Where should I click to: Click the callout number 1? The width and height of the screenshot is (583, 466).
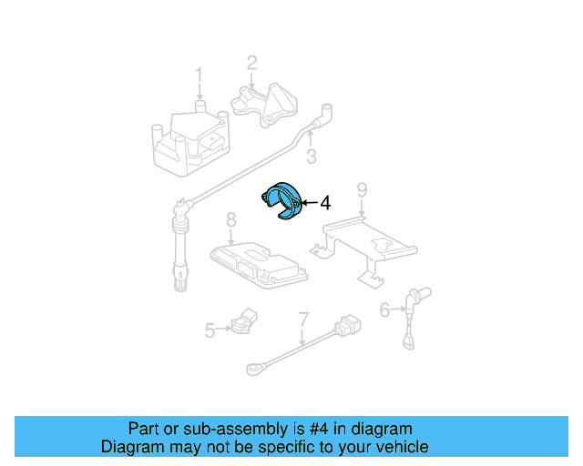(199, 75)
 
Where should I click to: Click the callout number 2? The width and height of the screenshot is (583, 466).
(251, 63)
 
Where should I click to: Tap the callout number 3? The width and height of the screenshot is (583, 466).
(311, 157)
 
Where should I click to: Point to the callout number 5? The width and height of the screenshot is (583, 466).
(210, 330)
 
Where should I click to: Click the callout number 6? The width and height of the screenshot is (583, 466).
(384, 310)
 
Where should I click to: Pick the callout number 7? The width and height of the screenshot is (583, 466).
(303, 319)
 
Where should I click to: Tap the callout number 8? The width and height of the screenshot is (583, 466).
(231, 219)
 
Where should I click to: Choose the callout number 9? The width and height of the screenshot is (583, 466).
(362, 190)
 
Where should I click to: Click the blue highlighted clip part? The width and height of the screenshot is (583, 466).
(285, 201)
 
